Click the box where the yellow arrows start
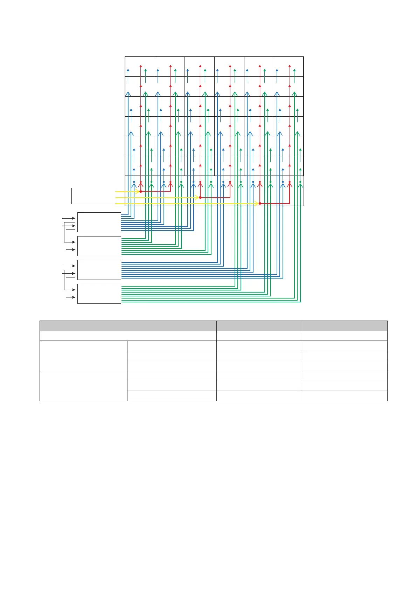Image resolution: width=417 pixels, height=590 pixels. click(x=93, y=196)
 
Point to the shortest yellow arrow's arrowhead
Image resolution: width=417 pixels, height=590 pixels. click(x=138, y=192)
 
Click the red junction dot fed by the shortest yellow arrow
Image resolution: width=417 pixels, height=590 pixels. click(x=140, y=191)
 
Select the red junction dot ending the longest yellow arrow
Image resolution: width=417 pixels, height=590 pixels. click(x=260, y=203)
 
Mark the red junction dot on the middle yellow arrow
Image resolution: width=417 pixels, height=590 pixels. click(x=200, y=198)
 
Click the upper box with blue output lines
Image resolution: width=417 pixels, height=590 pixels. click(x=99, y=222)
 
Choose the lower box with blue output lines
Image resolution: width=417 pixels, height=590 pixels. click(x=99, y=270)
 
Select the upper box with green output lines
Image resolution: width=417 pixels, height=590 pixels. click(x=99, y=246)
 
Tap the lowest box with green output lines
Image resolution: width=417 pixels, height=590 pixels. click(x=99, y=294)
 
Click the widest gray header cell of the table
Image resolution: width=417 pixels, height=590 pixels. click(x=128, y=326)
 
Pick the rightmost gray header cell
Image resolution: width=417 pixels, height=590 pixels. click(x=345, y=326)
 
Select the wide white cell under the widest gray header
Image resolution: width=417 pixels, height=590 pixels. click(x=128, y=336)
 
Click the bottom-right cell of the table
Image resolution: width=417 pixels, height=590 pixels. click(x=345, y=396)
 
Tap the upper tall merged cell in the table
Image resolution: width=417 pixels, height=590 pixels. click(x=83, y=356)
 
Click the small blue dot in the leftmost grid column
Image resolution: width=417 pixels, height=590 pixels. click(x=134, y=182)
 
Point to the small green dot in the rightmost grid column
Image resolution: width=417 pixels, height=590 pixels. click(x=300, y=182)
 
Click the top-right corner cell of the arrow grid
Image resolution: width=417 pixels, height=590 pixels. click(x=289, y=67)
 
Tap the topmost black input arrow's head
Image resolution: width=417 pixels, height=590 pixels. click(x=74, y=218)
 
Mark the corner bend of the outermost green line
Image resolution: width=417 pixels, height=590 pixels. click(x=300, y=302)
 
